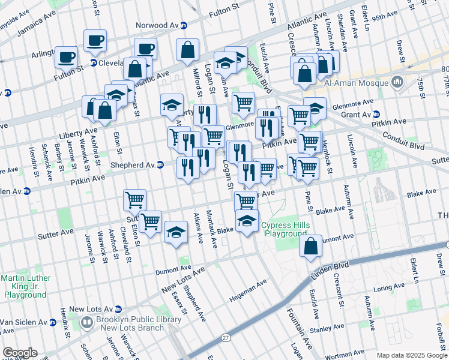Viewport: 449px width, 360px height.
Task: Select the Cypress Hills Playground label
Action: click(x=284, y=230)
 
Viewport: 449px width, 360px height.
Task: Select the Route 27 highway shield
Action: click(x=225, y=338)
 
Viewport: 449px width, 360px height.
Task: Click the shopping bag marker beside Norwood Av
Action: click(x=187, y=52)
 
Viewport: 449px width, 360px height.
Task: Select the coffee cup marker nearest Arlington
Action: click(x=66, y=58)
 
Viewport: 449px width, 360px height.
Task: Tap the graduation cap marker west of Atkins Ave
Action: click(x=176, y=233)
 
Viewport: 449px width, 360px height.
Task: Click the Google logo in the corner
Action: click(x=20, y=353)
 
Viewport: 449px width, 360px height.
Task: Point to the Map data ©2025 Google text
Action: click(x=411, y=355)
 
